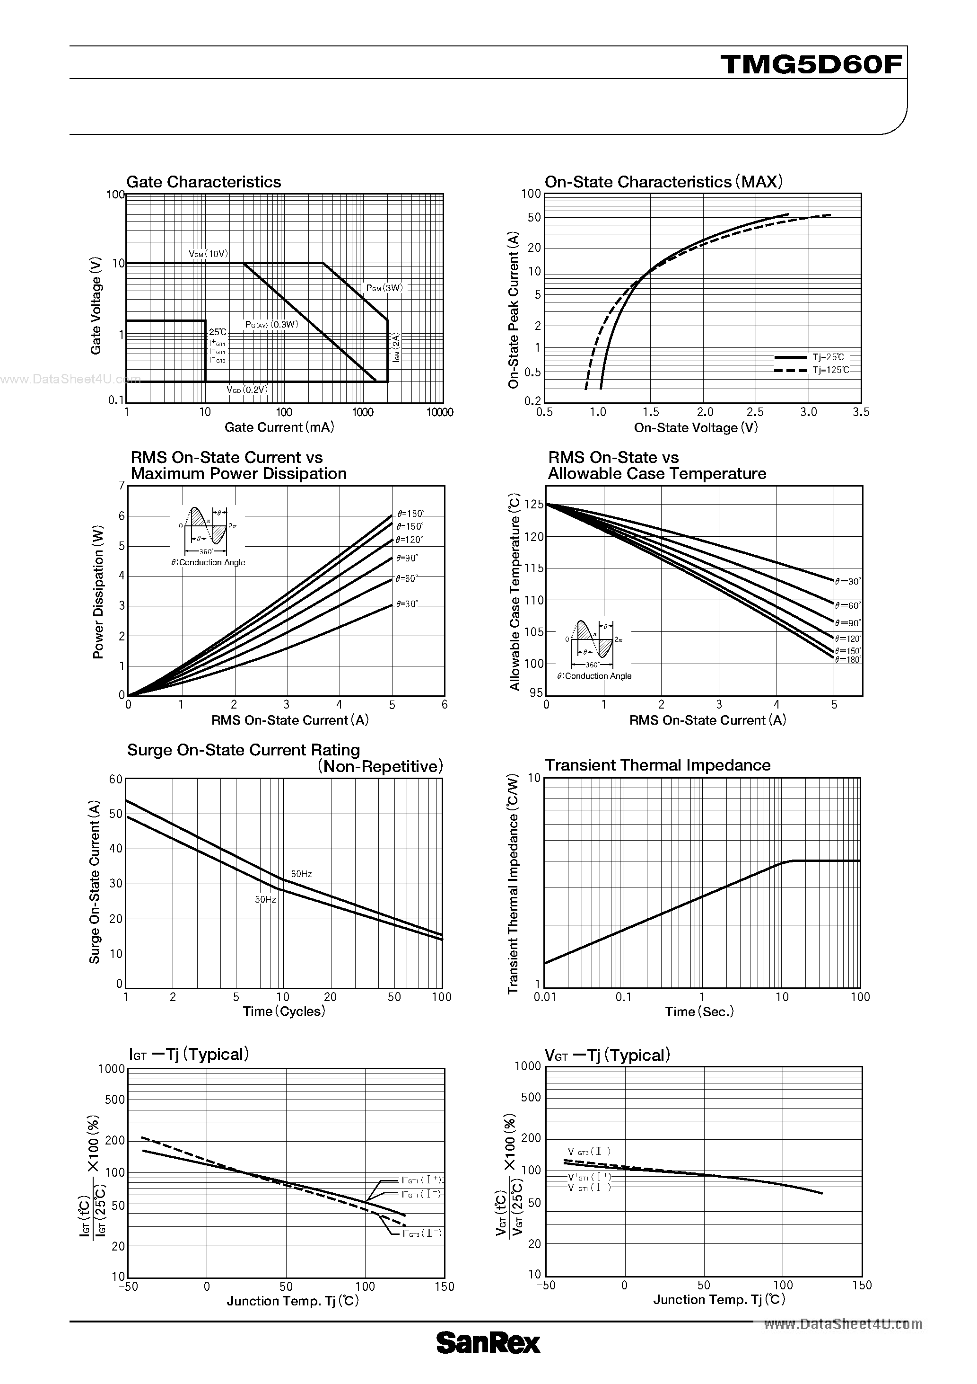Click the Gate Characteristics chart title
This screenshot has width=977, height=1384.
(x=204, y=182)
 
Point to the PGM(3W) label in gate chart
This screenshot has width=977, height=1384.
(x=384, y=288)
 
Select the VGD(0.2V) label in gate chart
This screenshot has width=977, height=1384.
(x=247, y=390)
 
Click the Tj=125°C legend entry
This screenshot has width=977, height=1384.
(x=830, y=370)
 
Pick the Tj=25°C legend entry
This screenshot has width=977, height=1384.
(x=828, y=357)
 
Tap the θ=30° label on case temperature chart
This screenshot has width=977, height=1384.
(x=848, y=582)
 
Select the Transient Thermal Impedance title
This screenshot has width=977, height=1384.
(x=657, y=765)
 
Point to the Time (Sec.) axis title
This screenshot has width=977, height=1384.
(x=699, y=1012)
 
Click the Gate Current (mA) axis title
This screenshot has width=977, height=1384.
(x=279, y=427)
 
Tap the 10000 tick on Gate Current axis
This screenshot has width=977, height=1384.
(x=440, y=412)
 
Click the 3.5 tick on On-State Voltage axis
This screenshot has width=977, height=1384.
(x=861, y=412)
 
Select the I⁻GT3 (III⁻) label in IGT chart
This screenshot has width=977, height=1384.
(x=422, y=1233)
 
